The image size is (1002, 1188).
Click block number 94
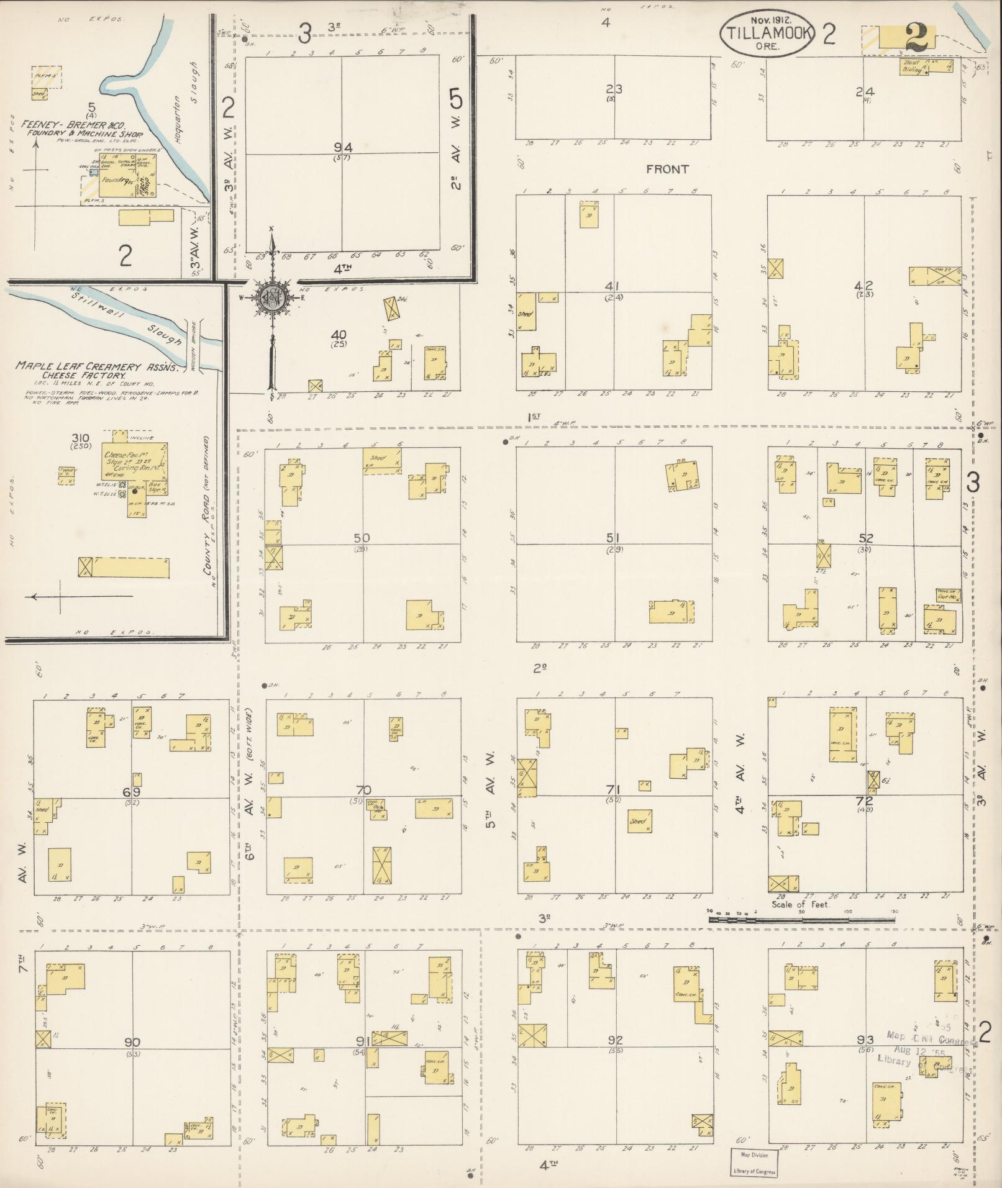343,148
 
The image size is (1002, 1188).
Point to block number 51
615,538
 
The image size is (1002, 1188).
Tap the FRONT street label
667,169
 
